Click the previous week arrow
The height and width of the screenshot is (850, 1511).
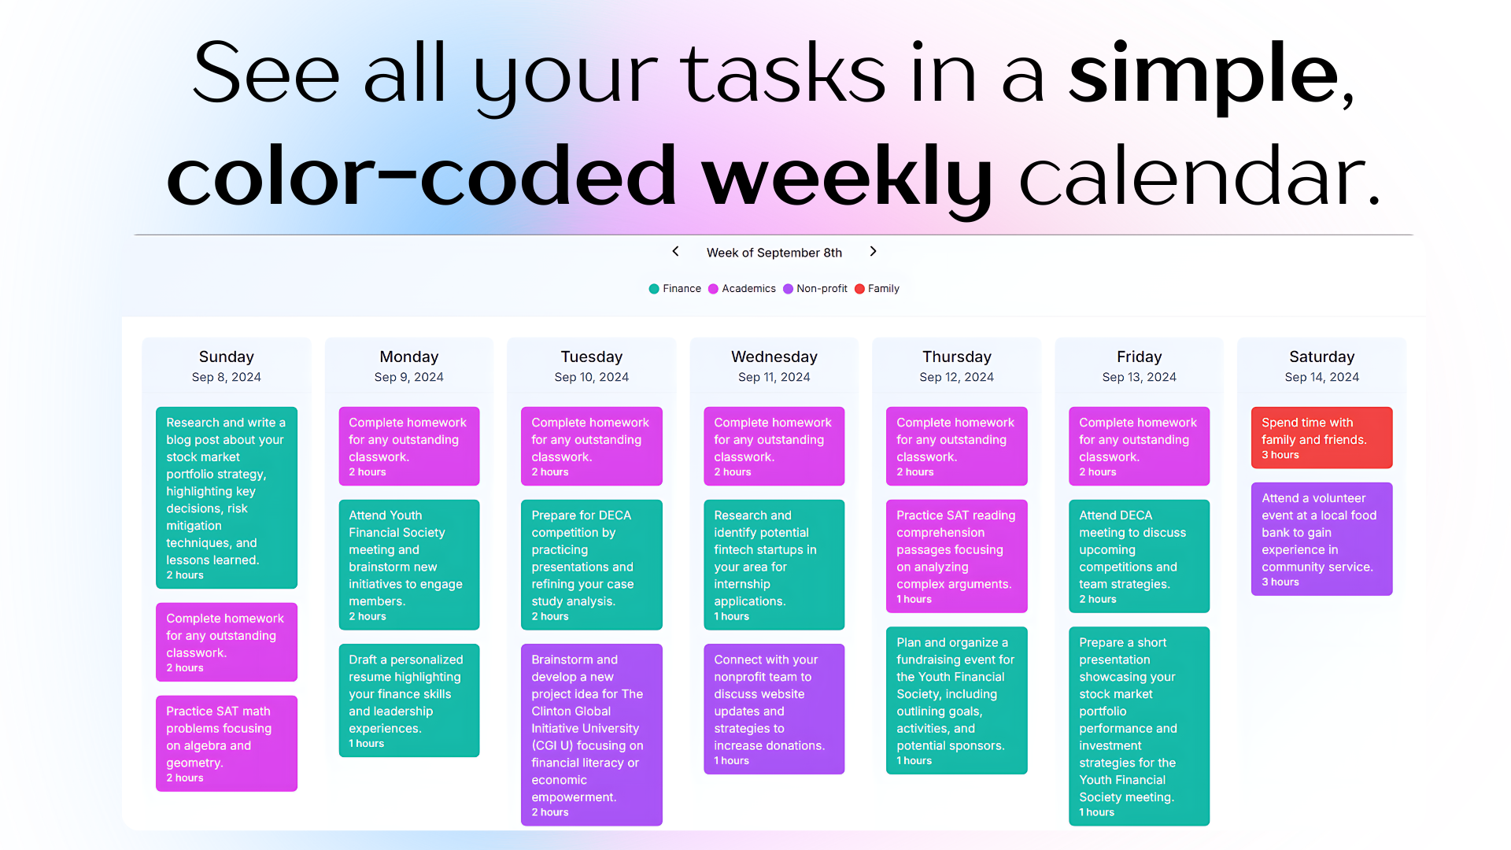675,251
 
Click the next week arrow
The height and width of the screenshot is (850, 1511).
873,251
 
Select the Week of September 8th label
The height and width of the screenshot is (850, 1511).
774,253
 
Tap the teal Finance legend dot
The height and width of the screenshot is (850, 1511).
654,289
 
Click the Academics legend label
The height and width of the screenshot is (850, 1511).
748,289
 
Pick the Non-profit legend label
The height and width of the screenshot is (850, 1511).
822,289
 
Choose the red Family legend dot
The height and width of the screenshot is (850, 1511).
859,289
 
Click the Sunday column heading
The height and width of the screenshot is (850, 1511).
227,357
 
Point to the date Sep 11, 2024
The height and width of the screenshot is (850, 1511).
774,377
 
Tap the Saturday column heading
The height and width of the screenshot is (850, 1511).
1322,357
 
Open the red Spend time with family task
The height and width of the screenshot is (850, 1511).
1322,438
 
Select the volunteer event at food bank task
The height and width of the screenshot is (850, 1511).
1322,539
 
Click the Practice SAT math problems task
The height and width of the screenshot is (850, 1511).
227,743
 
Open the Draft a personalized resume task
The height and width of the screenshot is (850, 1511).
409,700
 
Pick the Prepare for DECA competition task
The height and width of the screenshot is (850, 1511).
592,564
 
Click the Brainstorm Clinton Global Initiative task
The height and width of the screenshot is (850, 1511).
592,734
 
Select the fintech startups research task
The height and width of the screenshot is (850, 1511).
774,564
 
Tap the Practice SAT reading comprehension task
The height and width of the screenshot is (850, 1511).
957,556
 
